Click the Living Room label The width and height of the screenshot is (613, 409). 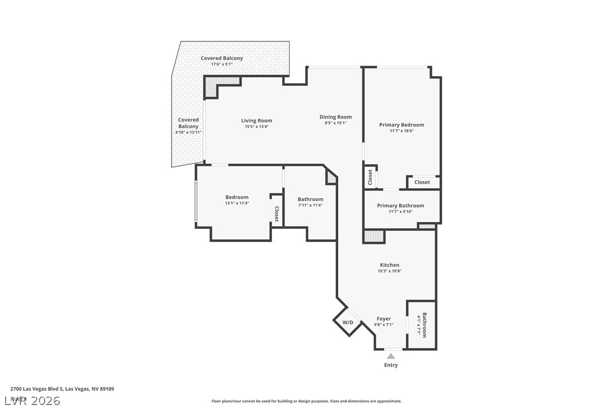256,120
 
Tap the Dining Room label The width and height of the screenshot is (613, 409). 335,117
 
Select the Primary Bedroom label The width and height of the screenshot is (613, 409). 401,125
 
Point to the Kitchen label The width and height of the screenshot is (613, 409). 389,265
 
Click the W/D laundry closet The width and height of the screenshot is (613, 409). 348,323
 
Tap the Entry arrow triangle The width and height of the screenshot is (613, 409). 391,356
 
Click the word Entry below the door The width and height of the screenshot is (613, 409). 391,365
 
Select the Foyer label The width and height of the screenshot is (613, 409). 384,319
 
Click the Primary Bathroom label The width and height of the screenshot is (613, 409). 401,206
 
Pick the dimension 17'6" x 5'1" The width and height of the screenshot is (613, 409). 222,64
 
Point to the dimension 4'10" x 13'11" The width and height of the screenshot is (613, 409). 189,132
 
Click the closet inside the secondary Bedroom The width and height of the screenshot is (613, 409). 277,211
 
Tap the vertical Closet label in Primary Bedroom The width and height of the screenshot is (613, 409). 370,177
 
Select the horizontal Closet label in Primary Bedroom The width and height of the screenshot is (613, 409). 422,182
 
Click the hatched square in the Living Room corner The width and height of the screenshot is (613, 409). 211,87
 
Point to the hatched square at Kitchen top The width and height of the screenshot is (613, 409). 373,236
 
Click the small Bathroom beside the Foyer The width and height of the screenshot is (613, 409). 422,325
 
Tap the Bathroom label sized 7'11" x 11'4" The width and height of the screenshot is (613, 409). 310,199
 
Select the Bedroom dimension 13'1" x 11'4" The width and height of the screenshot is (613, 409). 237,203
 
